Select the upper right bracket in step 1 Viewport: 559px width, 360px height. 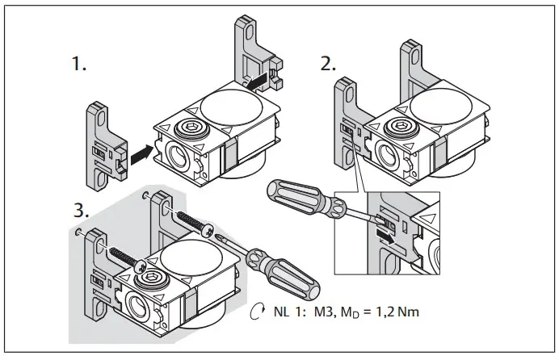[257, 57]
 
